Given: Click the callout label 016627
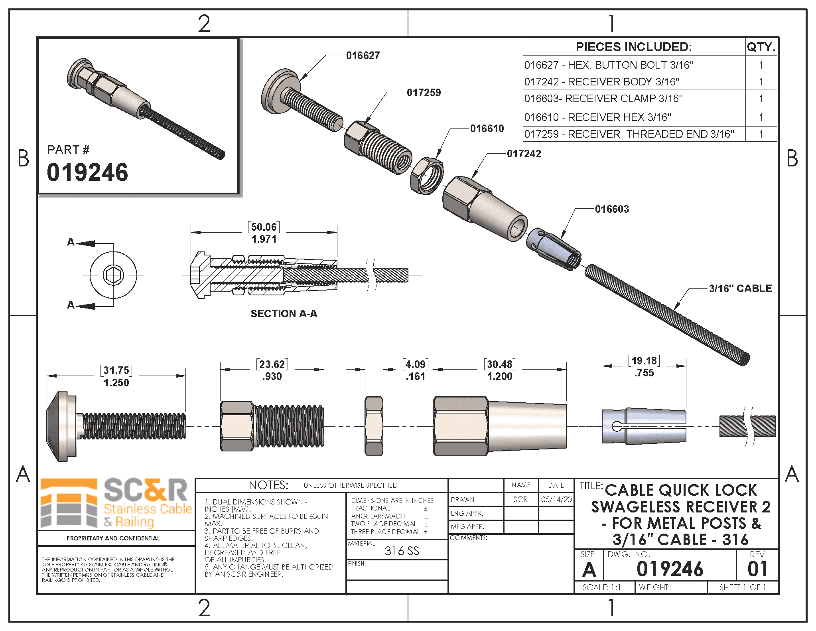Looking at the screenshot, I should [363, 55].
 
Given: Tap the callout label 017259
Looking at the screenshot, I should [424, 93].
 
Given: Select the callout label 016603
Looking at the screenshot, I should [612, 209].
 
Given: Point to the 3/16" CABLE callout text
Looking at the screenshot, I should [740, 289].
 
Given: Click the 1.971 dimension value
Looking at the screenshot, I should [264, 239].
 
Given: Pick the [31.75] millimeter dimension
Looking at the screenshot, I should [116, 370].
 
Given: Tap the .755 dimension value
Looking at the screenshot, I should [644, 373].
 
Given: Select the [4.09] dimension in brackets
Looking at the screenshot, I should [415, 364].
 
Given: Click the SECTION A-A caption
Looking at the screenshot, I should [284, 314].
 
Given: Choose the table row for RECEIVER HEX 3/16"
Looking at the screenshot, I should [634, 117].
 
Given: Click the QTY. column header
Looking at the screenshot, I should [761, 47].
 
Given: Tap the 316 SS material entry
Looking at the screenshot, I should [402, 551].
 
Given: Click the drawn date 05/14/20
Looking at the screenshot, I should [556, 499].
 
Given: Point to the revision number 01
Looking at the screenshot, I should [757, 569].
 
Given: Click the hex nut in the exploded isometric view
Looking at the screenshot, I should [426, 176].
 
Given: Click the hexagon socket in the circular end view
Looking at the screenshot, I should [113, 275].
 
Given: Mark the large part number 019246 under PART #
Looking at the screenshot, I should [87, 172].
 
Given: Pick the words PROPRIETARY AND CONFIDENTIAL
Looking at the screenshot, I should [113, 538].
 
